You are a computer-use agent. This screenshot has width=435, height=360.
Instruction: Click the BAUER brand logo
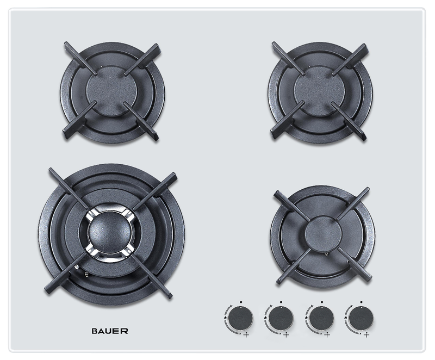click(x=110, y=331)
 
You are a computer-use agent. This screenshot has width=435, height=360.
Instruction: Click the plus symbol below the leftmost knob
click(x=246, y=335)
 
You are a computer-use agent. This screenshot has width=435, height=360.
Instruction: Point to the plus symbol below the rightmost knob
click(x=366, y=335)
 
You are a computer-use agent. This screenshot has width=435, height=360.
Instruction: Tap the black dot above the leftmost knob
click(x=241, y=302)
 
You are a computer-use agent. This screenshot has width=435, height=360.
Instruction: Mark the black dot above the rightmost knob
click(x=362, y=302)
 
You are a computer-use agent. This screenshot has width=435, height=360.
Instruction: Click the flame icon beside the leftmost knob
click(x=225, y=317)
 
